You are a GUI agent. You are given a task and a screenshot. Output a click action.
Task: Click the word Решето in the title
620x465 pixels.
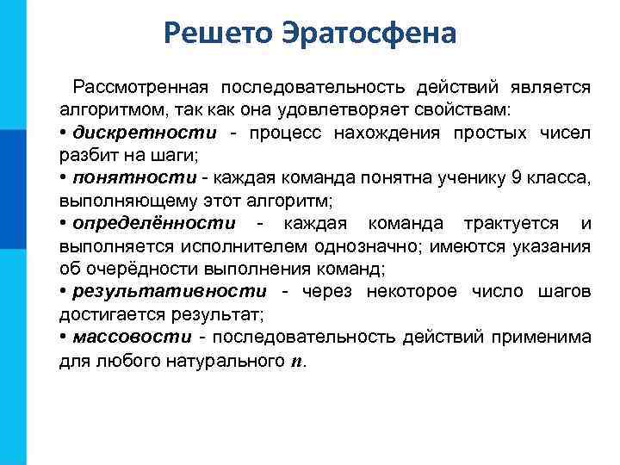point(216,35)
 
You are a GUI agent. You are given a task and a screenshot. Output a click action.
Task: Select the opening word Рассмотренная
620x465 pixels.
point(141,88)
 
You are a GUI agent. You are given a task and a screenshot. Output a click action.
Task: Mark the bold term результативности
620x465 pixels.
point(170,291)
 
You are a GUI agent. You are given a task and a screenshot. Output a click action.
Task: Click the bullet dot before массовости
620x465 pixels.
point(64,337)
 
